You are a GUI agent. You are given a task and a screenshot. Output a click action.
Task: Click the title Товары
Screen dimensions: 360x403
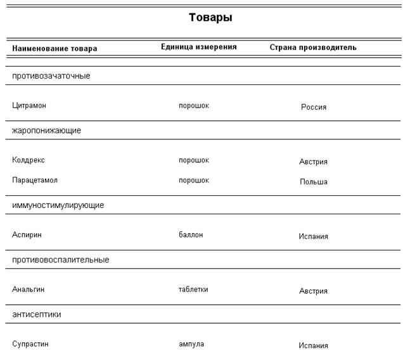coord(210,18)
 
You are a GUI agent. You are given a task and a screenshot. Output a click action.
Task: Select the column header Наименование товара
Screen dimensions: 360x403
coord(54,48)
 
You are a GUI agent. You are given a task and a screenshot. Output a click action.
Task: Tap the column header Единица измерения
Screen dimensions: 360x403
coord(199,47)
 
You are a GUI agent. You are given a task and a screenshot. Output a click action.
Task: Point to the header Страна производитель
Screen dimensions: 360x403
coord(313,48)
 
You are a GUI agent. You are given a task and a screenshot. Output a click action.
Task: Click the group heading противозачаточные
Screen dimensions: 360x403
coord(51,76)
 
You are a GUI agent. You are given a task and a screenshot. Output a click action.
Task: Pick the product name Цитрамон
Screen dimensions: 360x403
coord(29,105)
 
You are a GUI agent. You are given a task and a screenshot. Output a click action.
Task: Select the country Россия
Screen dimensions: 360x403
coord(314,107)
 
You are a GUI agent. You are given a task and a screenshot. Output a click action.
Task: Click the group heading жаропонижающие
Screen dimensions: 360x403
coord(47,131)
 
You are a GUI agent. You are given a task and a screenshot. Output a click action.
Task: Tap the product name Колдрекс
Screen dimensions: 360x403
coord(29,160)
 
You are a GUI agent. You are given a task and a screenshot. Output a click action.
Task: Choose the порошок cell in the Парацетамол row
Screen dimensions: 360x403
coord(194,180)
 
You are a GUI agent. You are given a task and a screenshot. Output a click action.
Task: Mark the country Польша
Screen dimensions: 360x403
coord(314,182)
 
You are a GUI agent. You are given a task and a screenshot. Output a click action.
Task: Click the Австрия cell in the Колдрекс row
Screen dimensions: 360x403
coord(314,162)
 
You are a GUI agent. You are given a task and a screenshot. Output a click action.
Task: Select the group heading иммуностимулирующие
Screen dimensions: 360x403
coord(58,205)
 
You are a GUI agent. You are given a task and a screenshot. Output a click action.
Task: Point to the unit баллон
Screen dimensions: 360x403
coord(191,235)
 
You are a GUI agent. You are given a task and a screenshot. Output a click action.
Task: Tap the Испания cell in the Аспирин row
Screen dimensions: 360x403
coord(314,236)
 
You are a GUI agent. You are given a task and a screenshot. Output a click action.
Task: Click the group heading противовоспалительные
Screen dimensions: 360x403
coord(61,260)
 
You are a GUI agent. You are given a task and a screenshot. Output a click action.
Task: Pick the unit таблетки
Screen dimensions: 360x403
coord(193,289)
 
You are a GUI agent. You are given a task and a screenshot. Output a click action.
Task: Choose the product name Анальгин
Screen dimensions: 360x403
coord(29,289)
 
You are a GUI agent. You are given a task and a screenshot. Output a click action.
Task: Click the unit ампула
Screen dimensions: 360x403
coord(191,344)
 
